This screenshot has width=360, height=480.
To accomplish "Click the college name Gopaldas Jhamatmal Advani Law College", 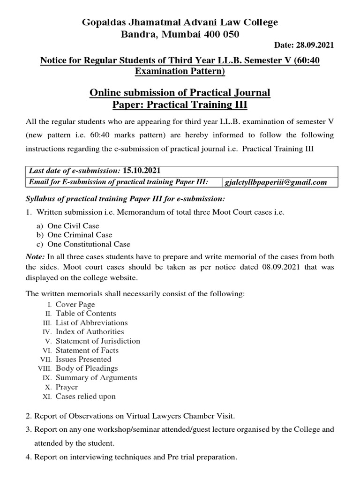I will pyautogui.click(x=180, y=22).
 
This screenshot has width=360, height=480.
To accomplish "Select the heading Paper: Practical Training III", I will pyautogui.click(x=180, y=105).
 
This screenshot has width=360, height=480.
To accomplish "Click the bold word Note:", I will pyautogui.click(x=36, y=257).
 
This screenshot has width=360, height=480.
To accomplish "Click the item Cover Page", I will pyautogui.click(x=75, y=304).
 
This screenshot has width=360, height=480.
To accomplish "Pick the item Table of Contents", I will pyautogui.click(x=86, y=313).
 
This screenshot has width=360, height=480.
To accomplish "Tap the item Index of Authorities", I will pyautogui.click(x=90, y=331).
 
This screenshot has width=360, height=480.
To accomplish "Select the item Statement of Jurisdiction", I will pyautogui.click(x=97, y=341).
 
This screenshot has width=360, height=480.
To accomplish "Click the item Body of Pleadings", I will pyautogui.click(x=87, y=368).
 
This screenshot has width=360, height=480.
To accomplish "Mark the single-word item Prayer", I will pyautogui.click(x=67, y=387).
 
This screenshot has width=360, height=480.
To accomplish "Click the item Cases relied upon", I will pyautogui.click(x=85, y=396).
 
